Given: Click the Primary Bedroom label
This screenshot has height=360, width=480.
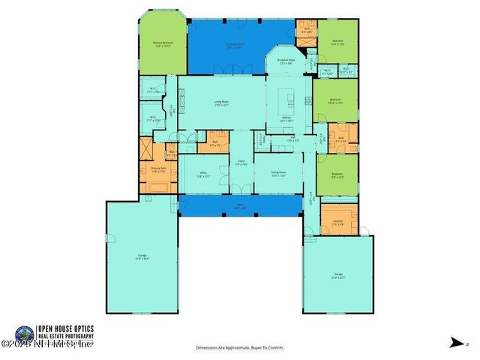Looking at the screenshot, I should tap(163, 43).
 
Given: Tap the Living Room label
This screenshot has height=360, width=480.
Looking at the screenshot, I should tap(222, 102).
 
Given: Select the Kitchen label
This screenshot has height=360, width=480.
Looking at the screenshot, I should tap(286, 119).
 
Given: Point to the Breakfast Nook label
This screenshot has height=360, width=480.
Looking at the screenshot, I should tap(286, 61).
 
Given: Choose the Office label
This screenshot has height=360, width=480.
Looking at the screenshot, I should tap(203, 175).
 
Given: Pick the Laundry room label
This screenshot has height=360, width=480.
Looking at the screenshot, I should tap(337, 222).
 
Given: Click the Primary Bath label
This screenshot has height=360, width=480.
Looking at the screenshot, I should tap(157, 169).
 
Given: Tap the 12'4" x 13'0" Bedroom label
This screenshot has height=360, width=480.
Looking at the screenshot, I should tap(337, 42).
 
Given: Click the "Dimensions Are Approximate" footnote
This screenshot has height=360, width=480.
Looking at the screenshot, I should tap(239, 348).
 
